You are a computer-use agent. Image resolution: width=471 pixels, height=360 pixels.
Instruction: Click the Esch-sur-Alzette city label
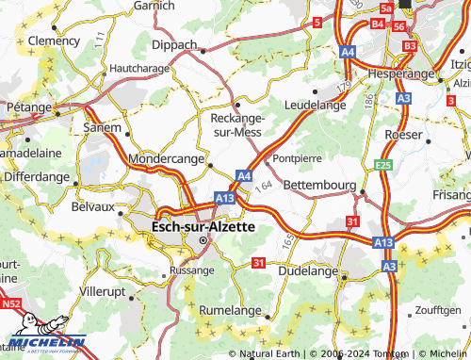pyautogui.click(x=203, y=227)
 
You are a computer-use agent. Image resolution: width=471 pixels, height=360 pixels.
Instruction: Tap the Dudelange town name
pyautogui.click(x=310, y=271)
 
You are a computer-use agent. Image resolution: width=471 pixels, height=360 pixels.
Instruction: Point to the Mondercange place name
pyautogui.click(x=165, y=159)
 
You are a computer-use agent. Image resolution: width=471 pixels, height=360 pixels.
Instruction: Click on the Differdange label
pyautogui.click(x=37, y=176)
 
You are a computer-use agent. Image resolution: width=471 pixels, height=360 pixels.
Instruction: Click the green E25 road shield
pyautogui.click(x=382, y=165)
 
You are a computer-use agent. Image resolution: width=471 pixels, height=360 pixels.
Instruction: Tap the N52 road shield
pyautogui.click(x=11, y=304)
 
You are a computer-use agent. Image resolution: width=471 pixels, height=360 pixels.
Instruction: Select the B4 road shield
pyautogui.click(x=377, y=24)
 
